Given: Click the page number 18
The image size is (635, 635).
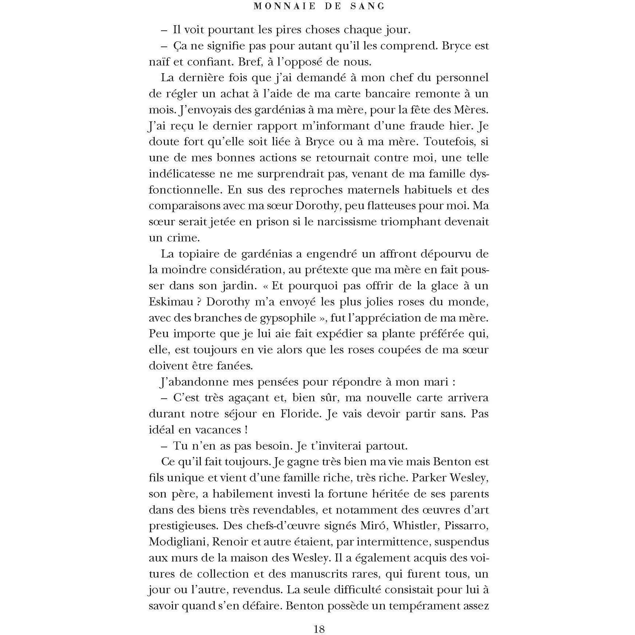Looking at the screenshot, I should tap(319, 629).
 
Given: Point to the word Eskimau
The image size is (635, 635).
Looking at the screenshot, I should tap(173, 302).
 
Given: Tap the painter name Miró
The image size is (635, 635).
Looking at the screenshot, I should tap(372, 526).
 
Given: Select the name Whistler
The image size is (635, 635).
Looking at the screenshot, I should tap(417, 526).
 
